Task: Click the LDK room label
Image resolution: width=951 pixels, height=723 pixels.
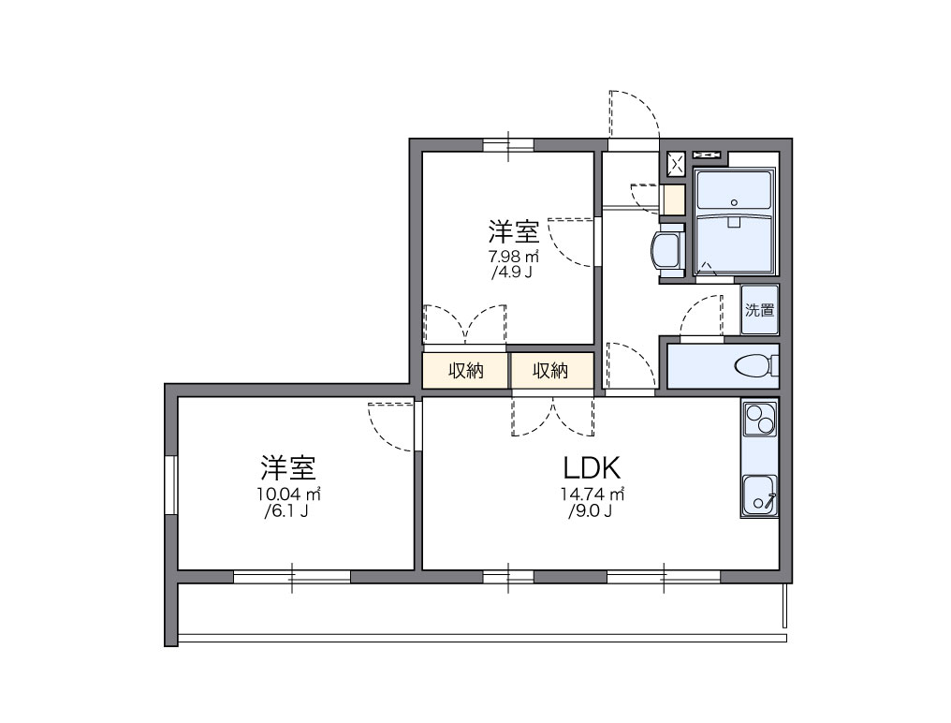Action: click(x=593, y=466)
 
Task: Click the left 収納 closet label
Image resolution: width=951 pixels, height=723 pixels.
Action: click(x=465, y=371)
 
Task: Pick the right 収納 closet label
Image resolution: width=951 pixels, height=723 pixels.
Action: click(x=551, y=371)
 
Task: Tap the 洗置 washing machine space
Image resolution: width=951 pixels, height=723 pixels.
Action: click(x=760, y=310)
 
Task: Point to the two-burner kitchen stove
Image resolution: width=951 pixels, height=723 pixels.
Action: click(x=759, y=418)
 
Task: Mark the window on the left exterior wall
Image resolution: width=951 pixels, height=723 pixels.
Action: click(x=171, y=484)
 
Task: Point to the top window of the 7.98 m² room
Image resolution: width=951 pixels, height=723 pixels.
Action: click(x=508, y=144)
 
